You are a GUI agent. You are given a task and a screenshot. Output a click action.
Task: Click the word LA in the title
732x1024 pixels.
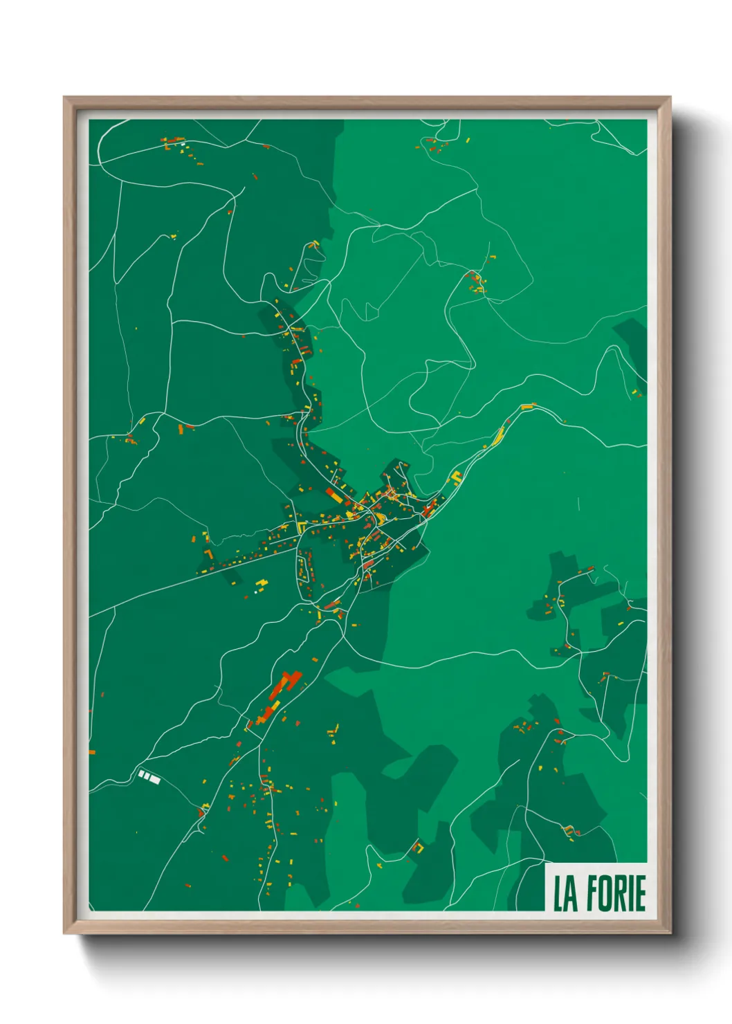tap(564, 893)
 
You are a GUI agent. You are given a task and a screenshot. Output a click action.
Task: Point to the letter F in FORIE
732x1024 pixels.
tap(590, 893)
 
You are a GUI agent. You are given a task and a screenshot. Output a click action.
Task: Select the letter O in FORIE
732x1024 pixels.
tap(604, 893)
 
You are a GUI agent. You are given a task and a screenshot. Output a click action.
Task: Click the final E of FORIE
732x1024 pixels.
tap(640, 893)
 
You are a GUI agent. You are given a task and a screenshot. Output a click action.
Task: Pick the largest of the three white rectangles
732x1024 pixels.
tap(155, 780)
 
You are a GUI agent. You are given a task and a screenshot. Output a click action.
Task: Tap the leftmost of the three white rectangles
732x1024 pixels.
tap(141, 774)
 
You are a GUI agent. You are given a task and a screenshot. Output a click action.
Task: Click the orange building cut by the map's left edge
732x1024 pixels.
tap(92, 752)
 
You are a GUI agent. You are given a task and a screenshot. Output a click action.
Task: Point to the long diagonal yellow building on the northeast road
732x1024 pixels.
tap(498, 437)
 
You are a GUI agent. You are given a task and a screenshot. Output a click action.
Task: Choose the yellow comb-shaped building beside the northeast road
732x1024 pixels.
tap(456, 477)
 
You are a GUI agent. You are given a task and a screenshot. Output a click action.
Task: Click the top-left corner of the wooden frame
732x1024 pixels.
tap(65, 98)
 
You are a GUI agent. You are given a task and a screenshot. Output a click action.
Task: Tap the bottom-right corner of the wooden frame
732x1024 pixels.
tap(669, 933)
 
